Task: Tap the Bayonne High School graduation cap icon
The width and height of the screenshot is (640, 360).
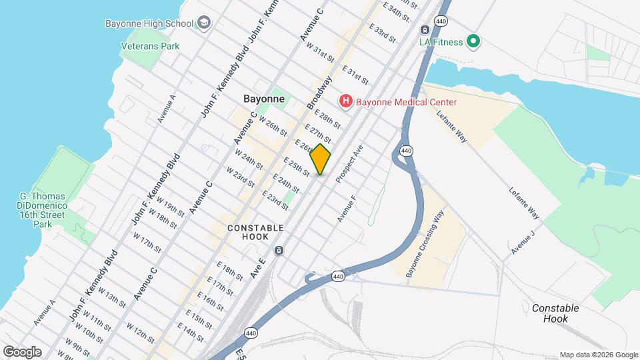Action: click(204, 23)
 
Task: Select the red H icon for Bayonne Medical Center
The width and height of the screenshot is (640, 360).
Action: click(346, 102)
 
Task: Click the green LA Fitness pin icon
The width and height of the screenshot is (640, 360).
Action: click(473, 42)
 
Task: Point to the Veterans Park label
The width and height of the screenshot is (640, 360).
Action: click(151, 47)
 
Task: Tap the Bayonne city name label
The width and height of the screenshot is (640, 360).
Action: click(263, 99)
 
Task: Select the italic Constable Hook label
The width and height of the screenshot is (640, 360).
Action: click(555, 313)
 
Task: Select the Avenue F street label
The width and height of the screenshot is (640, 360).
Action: click(348, 208)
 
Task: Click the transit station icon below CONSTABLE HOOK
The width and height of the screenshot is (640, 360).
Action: click(279, 251)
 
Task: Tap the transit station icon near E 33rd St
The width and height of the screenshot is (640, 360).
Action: click(424, 30)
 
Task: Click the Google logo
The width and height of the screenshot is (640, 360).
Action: click(22, 352)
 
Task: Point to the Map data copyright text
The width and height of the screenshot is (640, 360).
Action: click(598, 355)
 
